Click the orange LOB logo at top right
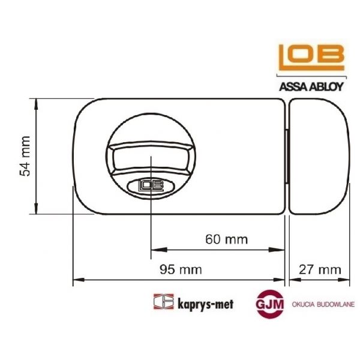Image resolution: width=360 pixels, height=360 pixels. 310,58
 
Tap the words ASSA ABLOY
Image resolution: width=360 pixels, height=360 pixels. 311,85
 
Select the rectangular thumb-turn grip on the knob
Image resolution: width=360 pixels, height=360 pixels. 150,157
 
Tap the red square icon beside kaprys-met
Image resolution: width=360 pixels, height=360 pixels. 160,302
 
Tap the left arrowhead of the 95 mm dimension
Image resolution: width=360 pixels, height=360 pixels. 76,280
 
